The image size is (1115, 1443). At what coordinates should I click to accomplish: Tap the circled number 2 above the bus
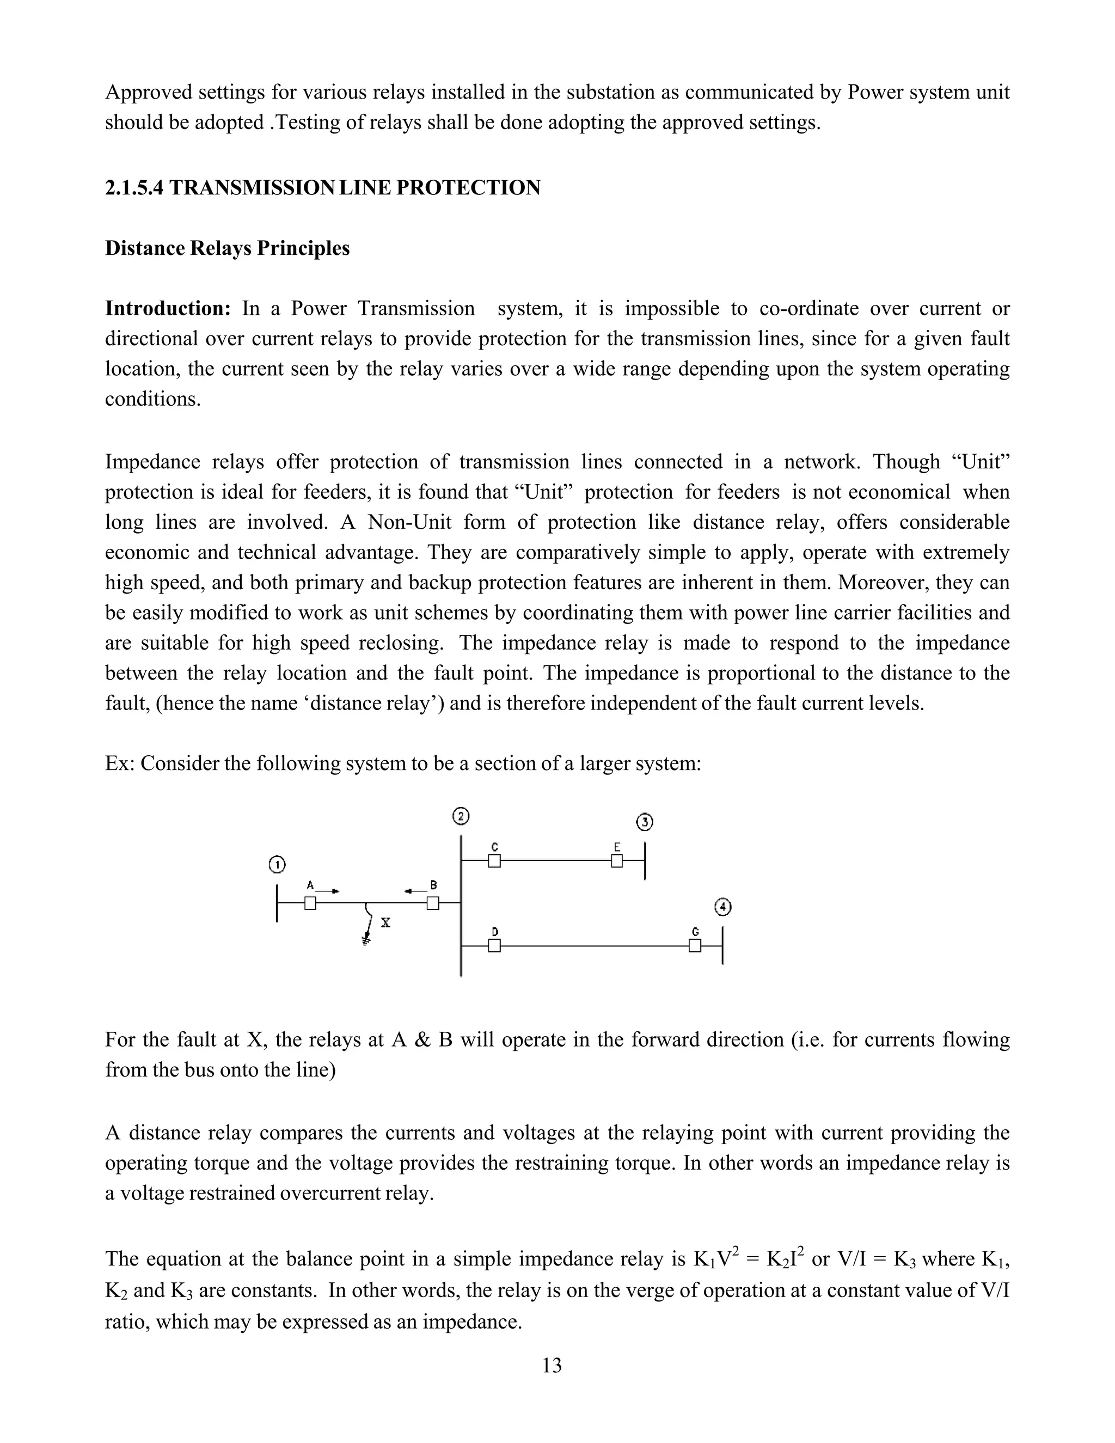(461, 817)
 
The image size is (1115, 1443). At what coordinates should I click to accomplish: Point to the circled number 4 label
(724, 907)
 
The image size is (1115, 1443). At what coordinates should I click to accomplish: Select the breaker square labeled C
(494, 861)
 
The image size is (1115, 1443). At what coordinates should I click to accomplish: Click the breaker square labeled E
(616, 861)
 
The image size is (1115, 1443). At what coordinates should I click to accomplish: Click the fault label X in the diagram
(386, 923)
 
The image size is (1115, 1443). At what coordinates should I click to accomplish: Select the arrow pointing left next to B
(414, 891)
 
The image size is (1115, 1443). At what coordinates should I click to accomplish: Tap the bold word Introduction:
(168, 309)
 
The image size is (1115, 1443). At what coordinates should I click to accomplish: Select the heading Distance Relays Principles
(227, 248)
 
